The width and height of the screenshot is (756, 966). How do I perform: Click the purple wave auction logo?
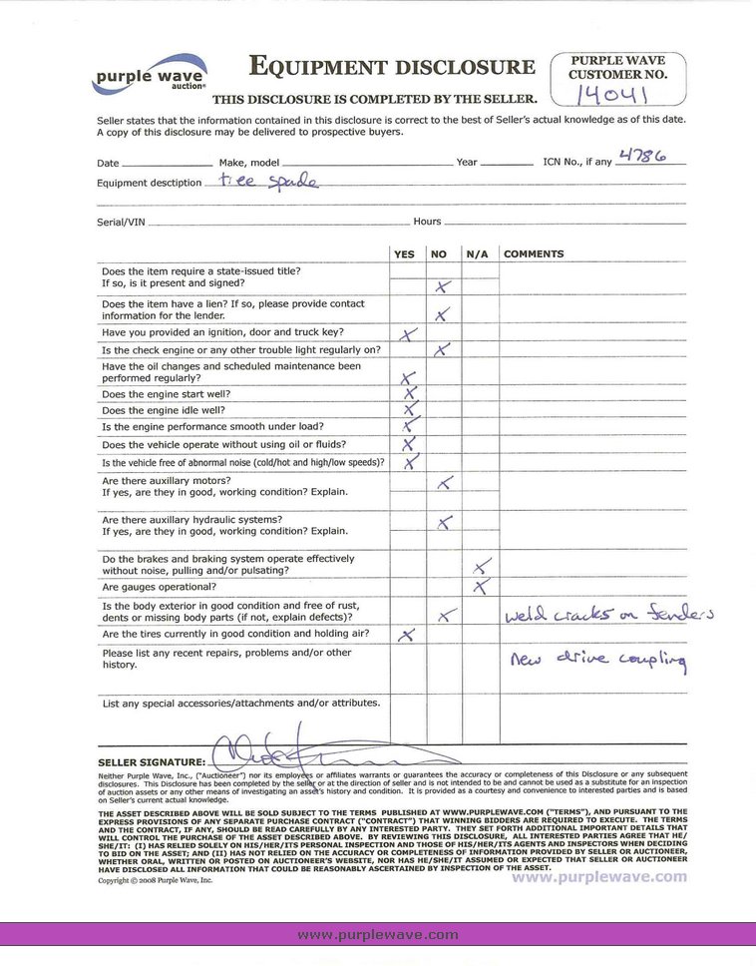click(x=150, y=75)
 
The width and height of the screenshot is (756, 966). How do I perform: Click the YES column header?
click(x=404, y=254)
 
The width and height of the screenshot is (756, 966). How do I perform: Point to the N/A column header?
click(x=477, y=254)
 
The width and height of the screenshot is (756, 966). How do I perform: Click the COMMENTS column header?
click(x=534, y=254)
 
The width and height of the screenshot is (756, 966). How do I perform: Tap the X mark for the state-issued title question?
click(x=443, y=286)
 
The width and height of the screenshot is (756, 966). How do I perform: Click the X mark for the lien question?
click(x=443, y=315)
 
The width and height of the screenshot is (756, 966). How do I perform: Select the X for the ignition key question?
click(x=407, y=334)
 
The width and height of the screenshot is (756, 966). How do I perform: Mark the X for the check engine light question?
click(x=443, y=350)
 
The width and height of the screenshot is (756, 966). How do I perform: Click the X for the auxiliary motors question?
click(x=445, y=483)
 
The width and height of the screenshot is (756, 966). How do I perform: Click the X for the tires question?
click(x=406, y=635)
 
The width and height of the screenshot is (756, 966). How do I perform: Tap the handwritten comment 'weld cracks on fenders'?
click(x=607, y=615)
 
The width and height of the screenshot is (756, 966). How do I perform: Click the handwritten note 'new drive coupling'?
click(x=597, y=660)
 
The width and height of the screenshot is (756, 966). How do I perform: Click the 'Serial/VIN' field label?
click(x=120, y=222)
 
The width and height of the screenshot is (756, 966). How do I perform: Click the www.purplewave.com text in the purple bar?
click(x=378, y=935)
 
